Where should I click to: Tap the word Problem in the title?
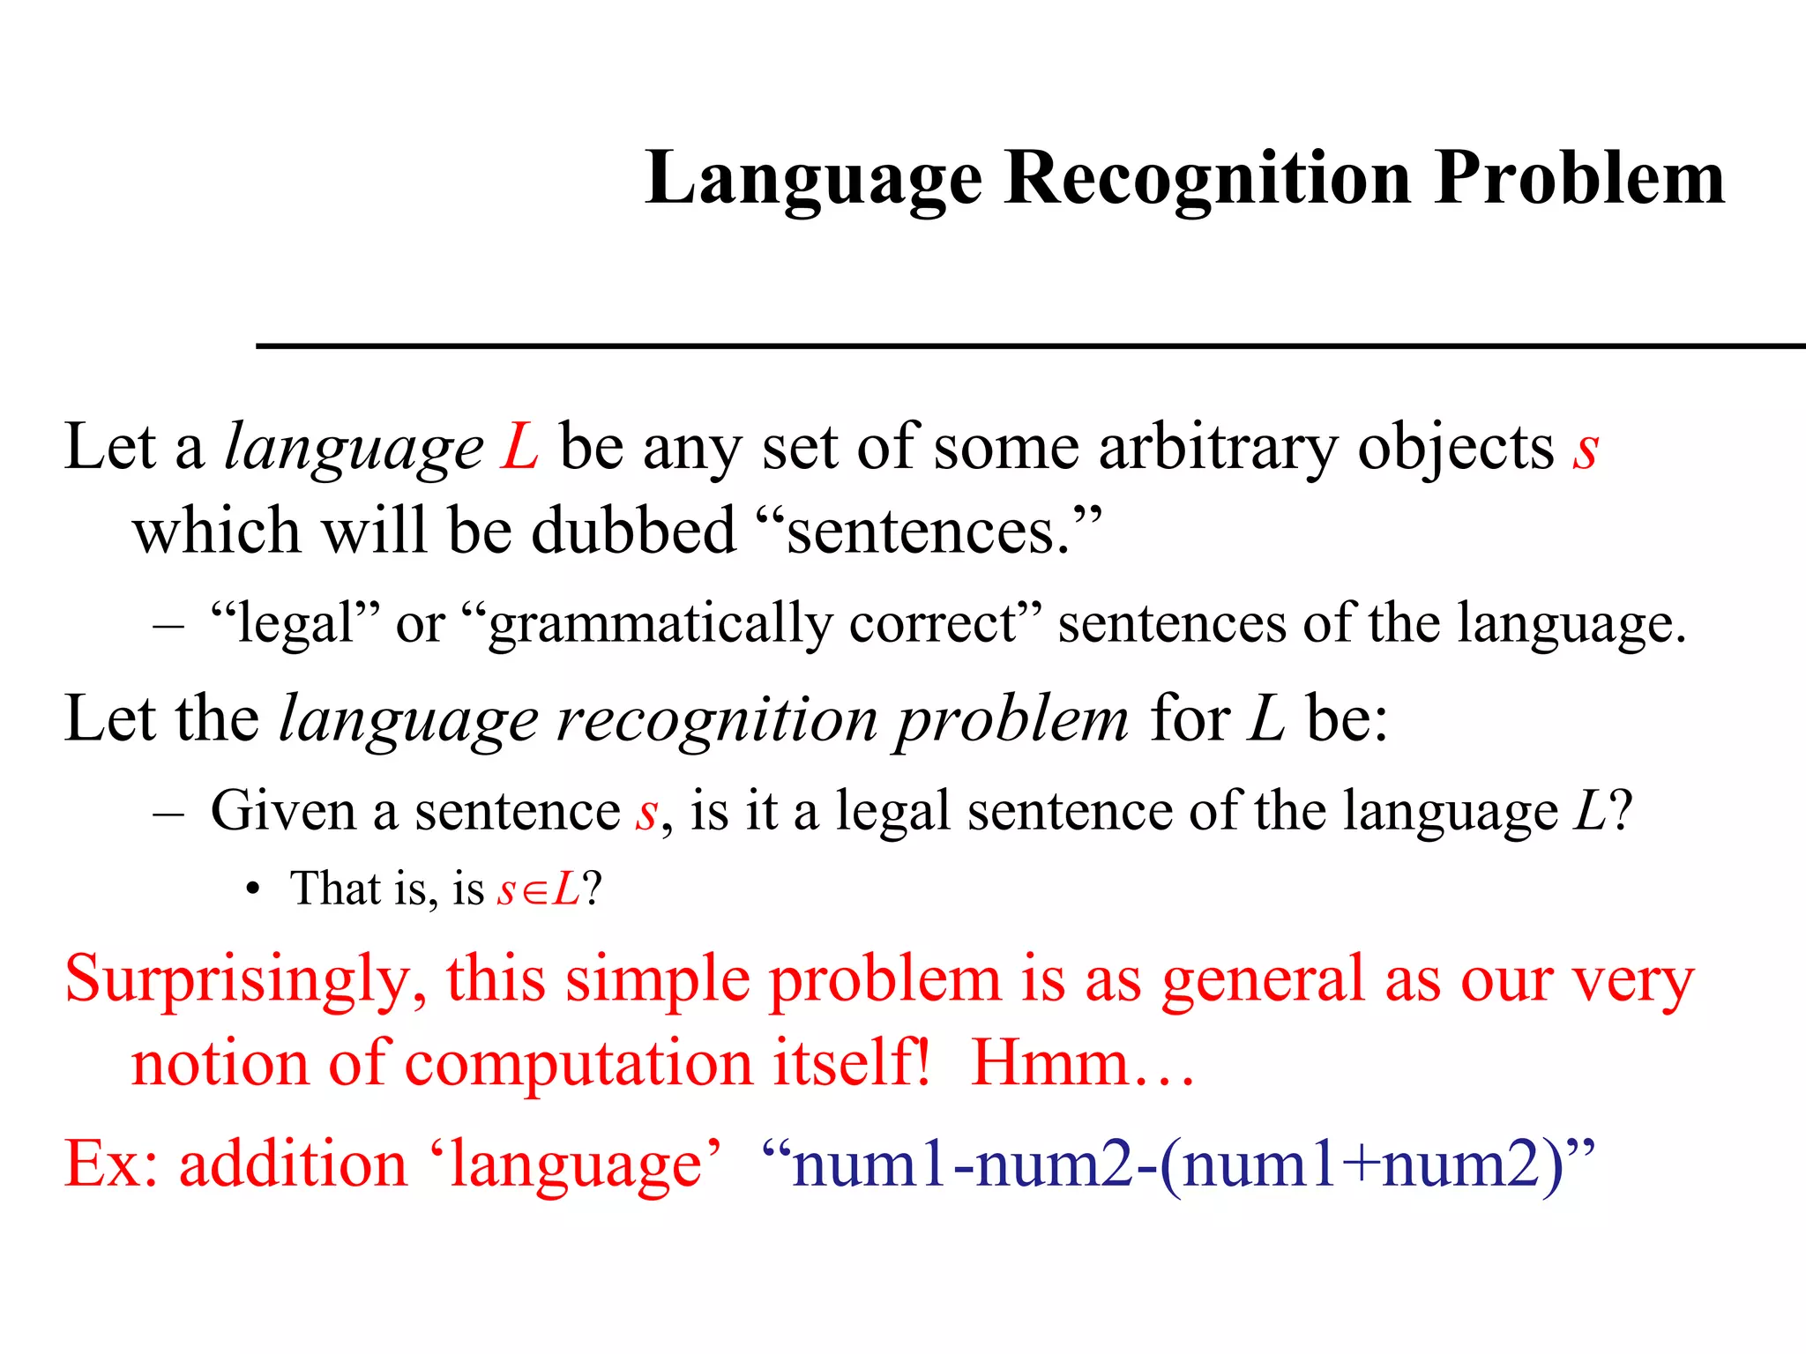click(1578, 179)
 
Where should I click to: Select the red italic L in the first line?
click(520, 447)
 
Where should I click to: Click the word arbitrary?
click(1218, 450)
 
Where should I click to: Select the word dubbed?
click(633, 531)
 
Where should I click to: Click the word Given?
click(283, 810)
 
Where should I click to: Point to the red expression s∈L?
click(539, 889)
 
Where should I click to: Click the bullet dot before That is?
click(253, 889)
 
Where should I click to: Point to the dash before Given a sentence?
click(168, 812)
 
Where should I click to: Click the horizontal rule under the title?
click(1030, 346)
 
